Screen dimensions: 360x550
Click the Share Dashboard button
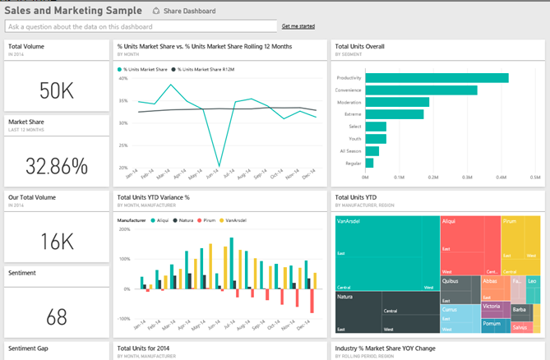(184, 12)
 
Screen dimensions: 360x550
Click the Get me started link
(298, 26)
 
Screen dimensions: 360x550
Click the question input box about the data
(140, 26)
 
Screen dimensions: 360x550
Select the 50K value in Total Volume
(57, 90)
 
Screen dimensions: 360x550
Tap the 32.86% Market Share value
(57, 166)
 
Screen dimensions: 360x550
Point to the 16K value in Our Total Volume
(57, 241)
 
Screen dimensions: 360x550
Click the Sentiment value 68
(57, 316)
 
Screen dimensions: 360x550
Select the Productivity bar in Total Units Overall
(437, 78)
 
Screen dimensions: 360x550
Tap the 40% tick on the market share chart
(122, 79)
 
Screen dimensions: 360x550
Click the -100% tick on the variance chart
(123, 318)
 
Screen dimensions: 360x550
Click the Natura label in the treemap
(346, 296)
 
